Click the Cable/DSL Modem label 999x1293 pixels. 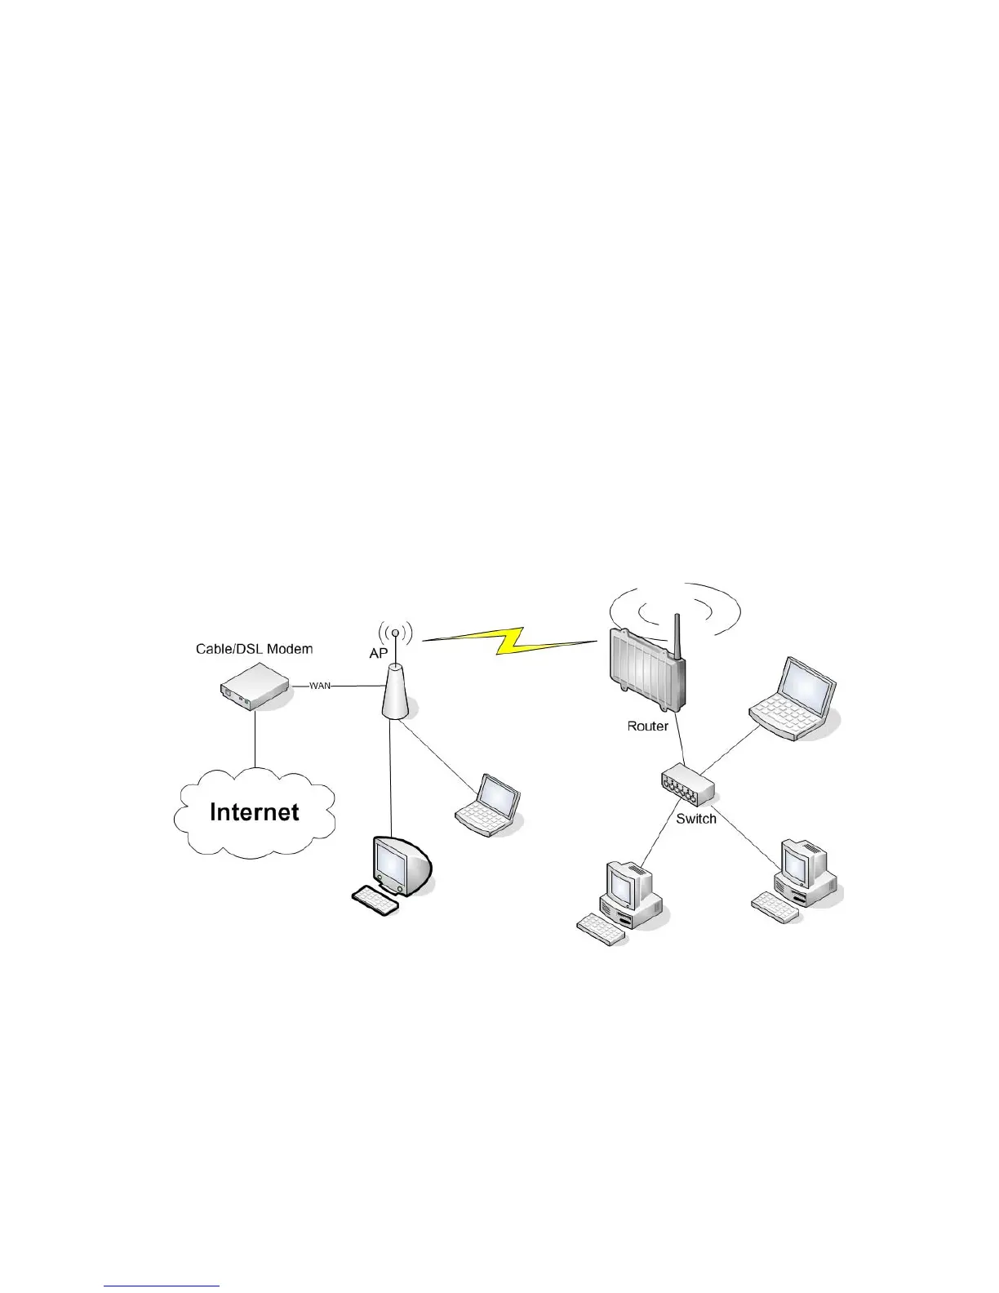coord(254,649)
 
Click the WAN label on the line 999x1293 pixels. coord(320,686)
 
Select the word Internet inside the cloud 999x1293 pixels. coord(255,811)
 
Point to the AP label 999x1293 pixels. coord(378,655)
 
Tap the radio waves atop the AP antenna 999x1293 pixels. coord(396,632)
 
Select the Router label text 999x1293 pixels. coord(647,725)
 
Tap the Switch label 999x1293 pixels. coord(696,819)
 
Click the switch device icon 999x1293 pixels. coord(687,785)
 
